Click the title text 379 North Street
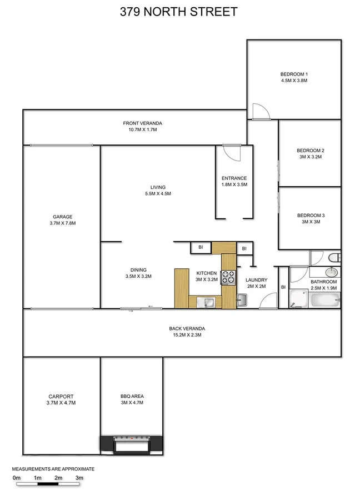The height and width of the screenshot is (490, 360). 179,11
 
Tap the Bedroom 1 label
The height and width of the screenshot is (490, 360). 293,74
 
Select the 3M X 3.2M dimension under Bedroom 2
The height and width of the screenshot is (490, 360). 310,157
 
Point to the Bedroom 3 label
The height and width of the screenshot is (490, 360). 311,216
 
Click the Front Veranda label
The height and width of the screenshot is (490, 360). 143,123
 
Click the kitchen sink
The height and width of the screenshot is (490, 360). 209,302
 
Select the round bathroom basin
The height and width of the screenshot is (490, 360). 332,272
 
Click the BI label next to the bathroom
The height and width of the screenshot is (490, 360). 283,287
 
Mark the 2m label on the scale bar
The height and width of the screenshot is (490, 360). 58,477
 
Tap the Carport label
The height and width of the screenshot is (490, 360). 61,397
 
